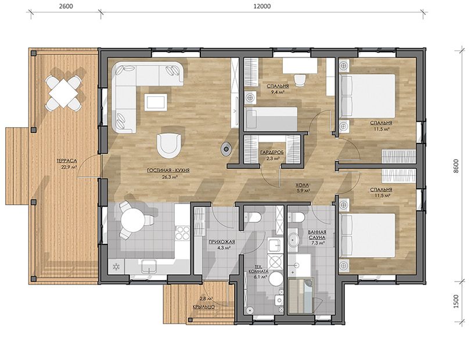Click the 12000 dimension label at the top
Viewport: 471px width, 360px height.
pyautogui.click(x=264, y=6)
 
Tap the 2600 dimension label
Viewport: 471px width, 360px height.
pyautogui.click(x=66, y=6)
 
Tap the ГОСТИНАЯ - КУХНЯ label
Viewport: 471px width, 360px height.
pyautogui.click(x=168, y=170)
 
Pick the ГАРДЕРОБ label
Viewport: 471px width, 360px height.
pyautogui.click(x=272, y=152)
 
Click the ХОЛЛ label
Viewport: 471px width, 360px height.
pyautogui.click(x=301, y=185)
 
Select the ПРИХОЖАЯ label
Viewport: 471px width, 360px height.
pyautogui.click(x=222, y=242)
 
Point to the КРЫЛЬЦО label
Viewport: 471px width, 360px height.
pyautogui.click(x=204, y=307)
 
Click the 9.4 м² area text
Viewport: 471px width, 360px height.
pyautogui.click(x=278, y=92)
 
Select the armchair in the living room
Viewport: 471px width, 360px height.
pyautogui.click(x=169, y=146)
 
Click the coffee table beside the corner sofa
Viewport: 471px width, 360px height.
pyautogui.click(x=155, y=102)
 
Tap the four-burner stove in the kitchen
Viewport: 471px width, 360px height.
pyautogui.click(x=182, y=233)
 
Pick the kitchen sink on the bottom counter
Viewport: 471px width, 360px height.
pyautogui.click(x=149, y=266)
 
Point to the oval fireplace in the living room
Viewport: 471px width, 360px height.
pyautogui.click(x=225, y=148)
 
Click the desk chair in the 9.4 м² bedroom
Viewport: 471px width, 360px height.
pyautogui.click(x=300, y=80)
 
